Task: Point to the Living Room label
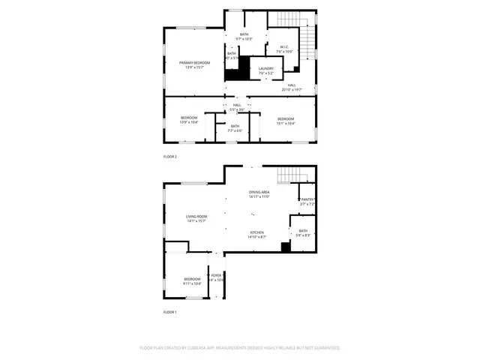pos(196,219)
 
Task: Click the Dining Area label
pos(259,194)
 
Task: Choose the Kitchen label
pos(256,235)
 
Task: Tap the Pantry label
pos(307,201)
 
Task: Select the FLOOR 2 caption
pos(170,157)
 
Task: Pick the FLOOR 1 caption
pos(170,312)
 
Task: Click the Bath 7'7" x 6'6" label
pos(235,128)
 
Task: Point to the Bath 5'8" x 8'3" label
pos(303,232)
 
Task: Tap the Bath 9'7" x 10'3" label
pos(244,36)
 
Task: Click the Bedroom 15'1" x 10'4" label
pos(286,121)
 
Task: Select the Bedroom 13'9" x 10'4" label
pos(189,120)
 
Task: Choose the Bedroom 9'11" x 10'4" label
pos(192,282)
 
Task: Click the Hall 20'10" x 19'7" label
pos(292,87)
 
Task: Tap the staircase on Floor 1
pos(290,175)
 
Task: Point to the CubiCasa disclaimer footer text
pos(240,348)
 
